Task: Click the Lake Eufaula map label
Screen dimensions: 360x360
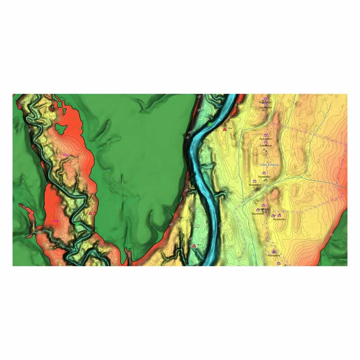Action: click(x=270, y=165)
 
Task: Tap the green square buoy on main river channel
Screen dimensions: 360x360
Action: click(x=210, y=124)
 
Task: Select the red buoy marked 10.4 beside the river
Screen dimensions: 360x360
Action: click(x=225, y=129)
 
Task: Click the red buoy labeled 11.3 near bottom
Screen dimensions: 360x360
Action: click(x=194, y=245)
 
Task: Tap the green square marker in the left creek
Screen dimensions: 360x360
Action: click(x=77, y=224)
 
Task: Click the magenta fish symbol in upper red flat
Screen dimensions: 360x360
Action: click(x=66, y=154)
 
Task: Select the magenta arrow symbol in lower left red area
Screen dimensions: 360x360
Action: click(x=56, y=221)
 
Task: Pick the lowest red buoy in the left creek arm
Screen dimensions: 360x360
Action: click(x=100, y=244)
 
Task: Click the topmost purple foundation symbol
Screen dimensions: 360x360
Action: click(x=265, y=99)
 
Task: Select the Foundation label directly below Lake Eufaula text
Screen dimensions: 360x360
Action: click(x=265, y=176)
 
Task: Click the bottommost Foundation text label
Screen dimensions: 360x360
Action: click(x=274, y=256)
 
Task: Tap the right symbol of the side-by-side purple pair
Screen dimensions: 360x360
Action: click(x=279, y=216)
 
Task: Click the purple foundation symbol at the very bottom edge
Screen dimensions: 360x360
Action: click(x=279, y=263)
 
